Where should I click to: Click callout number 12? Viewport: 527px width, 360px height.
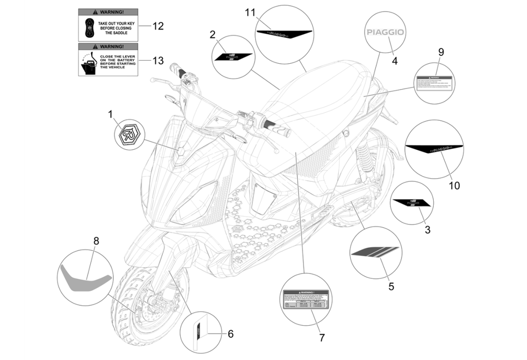click(x=158, y=26)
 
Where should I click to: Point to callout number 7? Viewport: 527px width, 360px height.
click(x=322, y=337)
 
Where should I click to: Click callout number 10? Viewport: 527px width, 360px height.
click(x=454, y=186)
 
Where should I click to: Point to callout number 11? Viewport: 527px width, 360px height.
click(x=249, y=12)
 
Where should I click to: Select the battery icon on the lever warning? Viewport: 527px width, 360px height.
click(x=90, y=66)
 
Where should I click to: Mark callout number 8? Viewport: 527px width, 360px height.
click(x=96, y=241)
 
